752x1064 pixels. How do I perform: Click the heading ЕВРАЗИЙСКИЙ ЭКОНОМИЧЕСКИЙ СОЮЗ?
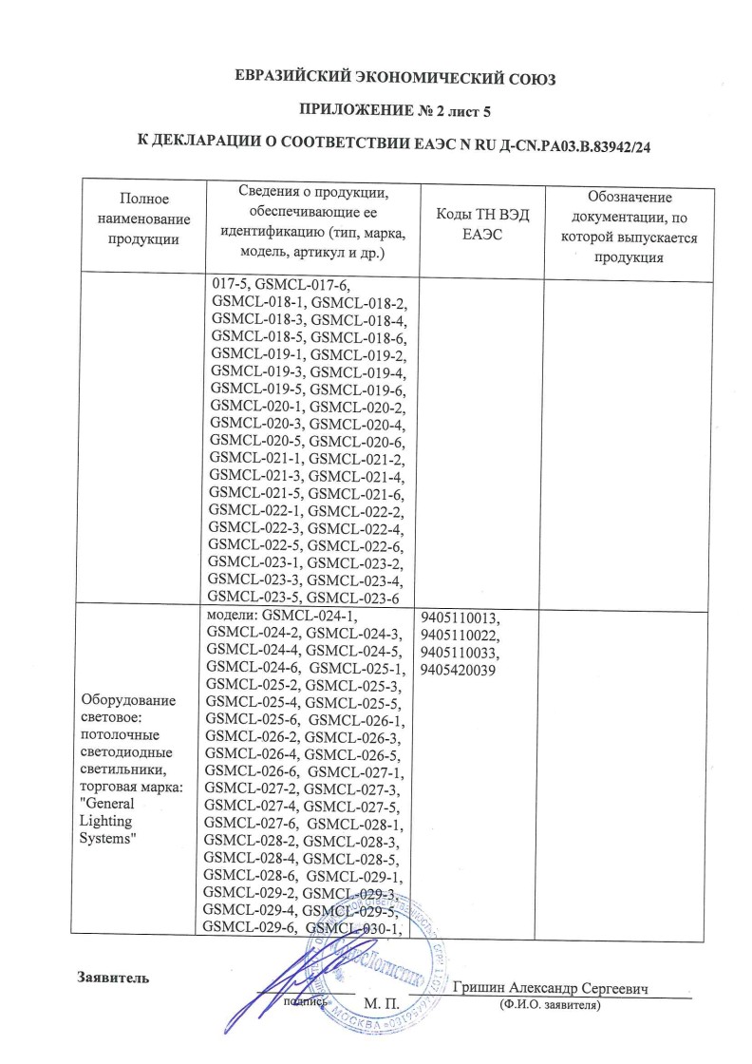coord(394,79)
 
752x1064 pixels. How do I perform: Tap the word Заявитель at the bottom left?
coord(112,976)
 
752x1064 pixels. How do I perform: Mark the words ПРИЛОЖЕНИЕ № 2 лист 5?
coord(394,112)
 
